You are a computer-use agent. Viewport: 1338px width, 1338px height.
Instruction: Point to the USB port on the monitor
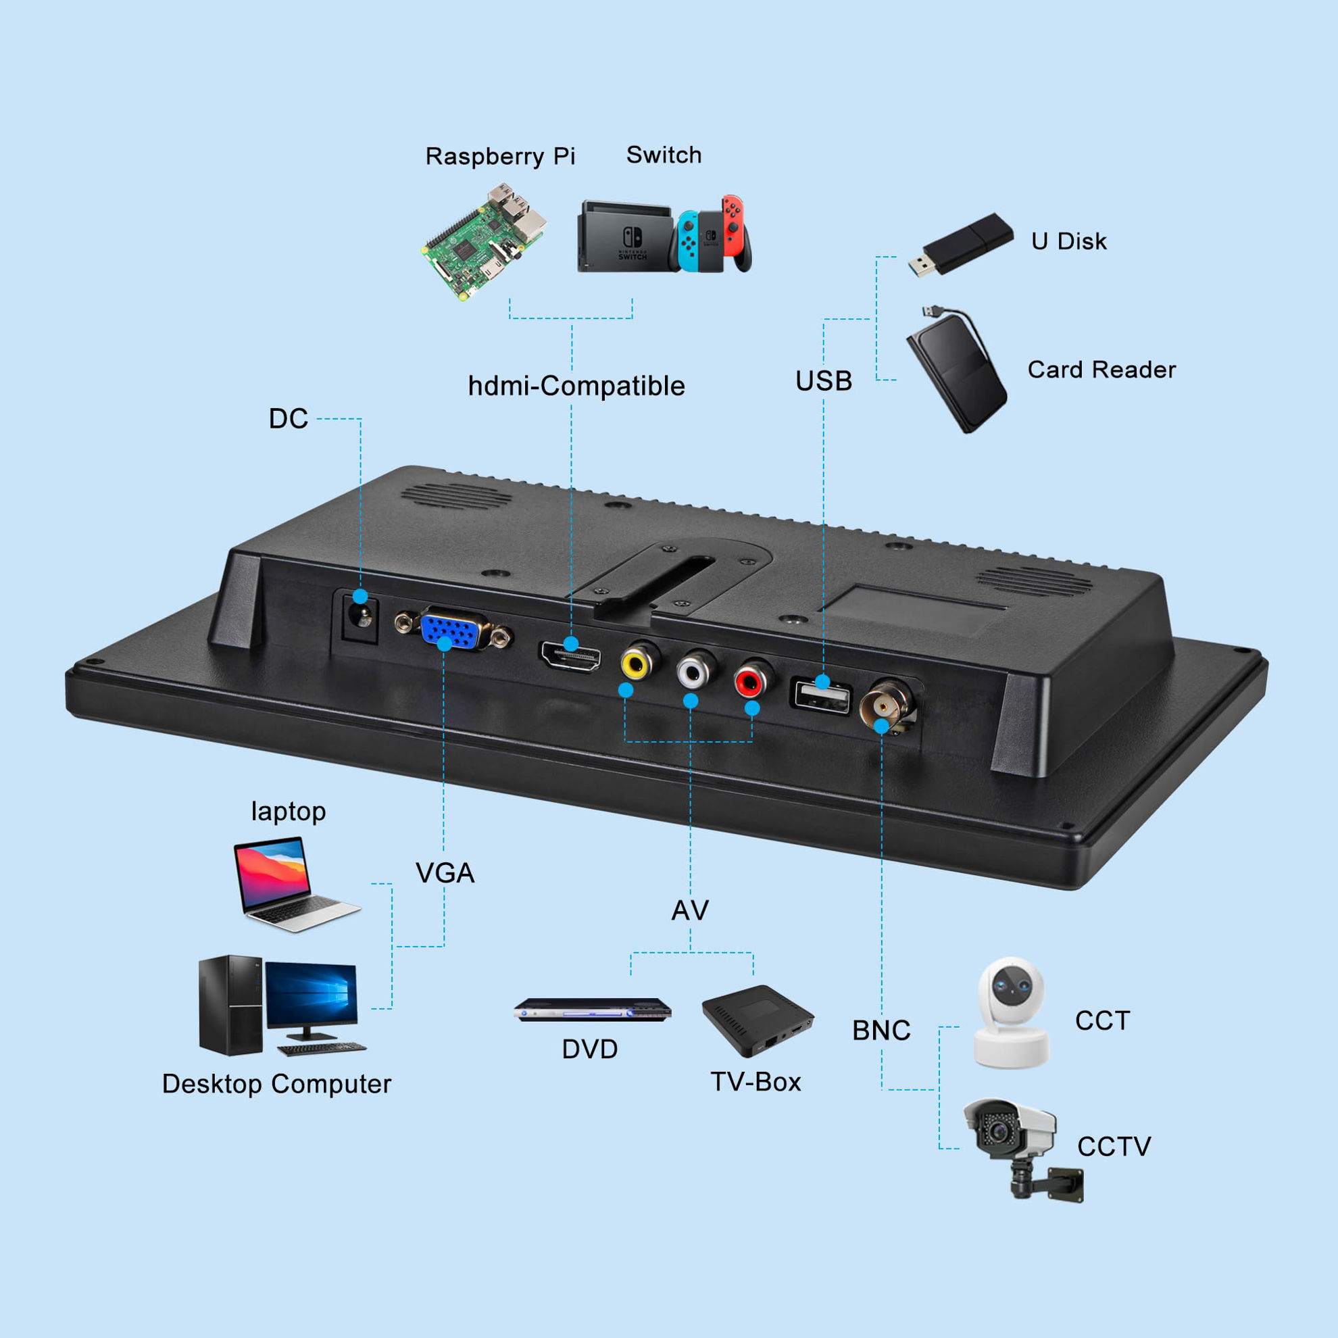(821, 696)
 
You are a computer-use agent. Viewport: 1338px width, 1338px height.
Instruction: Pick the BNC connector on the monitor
(886, 706)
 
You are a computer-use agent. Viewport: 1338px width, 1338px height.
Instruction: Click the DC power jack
(360, 616)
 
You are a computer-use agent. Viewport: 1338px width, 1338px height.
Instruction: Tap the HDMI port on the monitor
(570, 656)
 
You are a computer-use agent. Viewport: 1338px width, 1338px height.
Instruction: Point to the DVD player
(592, 1009)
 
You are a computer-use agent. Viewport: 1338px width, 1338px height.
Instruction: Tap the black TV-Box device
(758, 1020)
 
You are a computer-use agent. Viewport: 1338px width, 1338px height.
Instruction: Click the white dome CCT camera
(1011, 1012)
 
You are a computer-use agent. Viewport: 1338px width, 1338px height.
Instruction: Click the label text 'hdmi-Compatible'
(576, 386)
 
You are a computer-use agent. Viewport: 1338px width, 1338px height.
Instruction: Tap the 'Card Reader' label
(1101, 370)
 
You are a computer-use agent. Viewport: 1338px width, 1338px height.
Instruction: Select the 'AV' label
(690, 911)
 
